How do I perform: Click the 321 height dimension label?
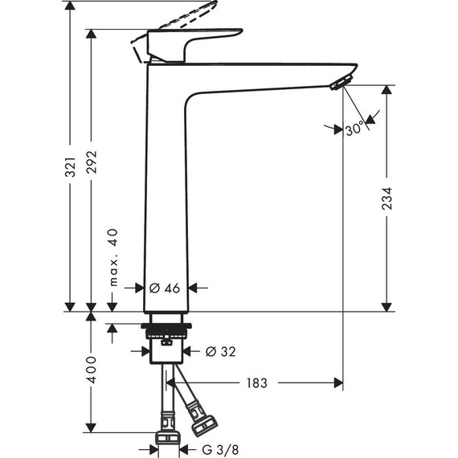coord(70,166)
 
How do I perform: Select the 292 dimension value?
coord(92,166)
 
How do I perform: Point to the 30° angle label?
coord(354,129)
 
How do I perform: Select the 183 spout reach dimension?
coord(258,383)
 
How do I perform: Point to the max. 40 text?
coord(113,257)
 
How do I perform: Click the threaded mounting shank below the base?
coord(166,330)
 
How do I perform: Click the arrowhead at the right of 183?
coord(337,383)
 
